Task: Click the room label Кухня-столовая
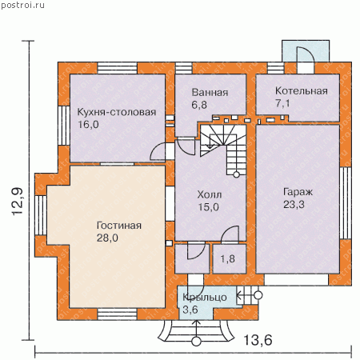[117, 112]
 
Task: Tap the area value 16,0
[88, 125]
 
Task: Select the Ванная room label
[210, 93]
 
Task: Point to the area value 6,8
[199, 105]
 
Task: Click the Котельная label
[302, 91]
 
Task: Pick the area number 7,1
[282, 103]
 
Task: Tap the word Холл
[210, 194]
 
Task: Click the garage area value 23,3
[294, 205]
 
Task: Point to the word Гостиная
[119, 226]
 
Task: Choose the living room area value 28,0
[107, 238]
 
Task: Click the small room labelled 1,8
[228, 258]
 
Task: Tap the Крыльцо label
[205, 298]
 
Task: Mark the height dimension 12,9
[18, 202]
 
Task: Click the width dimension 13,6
[258, 340]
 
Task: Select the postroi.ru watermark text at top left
[22, 5]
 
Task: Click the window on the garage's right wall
[346, 203]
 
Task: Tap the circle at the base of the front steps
[196, 342]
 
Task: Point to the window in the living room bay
[41, 215]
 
